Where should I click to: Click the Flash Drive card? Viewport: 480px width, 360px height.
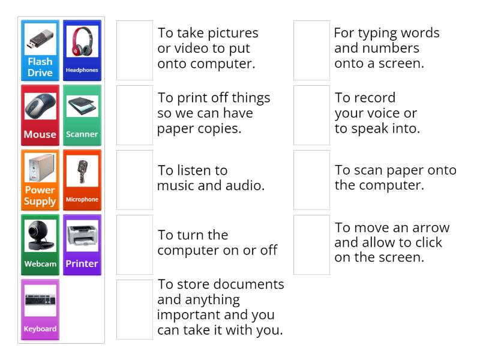click(40, 50)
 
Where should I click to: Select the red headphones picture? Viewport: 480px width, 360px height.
click(82, 41)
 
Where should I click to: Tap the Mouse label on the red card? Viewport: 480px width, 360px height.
click(40, 134)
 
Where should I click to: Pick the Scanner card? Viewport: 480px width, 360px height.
click(82, 115)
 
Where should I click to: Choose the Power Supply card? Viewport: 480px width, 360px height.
click(40, 180)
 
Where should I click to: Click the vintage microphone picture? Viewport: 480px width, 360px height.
click(82, 171)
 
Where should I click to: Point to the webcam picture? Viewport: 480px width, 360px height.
click(40, 236)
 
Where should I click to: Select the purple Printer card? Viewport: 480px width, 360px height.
click(82, 245)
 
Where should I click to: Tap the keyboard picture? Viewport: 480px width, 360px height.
click(40, 301)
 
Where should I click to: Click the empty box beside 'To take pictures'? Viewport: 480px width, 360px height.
click(134, 50)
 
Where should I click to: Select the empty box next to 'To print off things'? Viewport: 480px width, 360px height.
click(134, 115)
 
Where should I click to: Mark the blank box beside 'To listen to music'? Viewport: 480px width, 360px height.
click(134, 180)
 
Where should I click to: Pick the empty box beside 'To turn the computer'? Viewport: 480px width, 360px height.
click(134, 245)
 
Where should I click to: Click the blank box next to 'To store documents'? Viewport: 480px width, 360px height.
click(134, 310)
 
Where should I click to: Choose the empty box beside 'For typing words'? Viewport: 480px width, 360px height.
click(311, 50)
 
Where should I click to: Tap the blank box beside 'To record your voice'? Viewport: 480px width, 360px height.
click(311, 115)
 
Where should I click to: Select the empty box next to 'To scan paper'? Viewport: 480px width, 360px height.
click(311, 180)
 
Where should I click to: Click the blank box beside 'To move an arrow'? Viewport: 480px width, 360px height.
click(311, 245)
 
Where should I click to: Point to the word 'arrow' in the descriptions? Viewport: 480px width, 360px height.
click(431, 228)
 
